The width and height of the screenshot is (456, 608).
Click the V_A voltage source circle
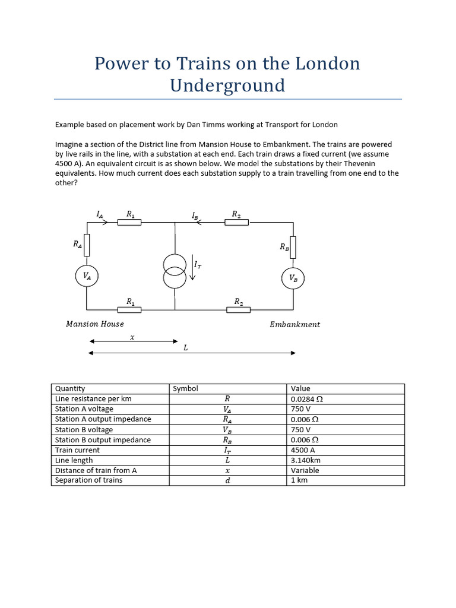(87, 275)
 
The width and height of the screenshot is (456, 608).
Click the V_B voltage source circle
(293, 277)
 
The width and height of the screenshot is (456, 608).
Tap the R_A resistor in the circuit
(87, 244)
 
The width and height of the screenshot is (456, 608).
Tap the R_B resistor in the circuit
(293, 247)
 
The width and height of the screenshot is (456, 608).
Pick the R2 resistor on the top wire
(236, 222)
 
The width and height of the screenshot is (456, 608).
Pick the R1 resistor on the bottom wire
(129, 309)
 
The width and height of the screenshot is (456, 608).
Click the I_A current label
(100, 214)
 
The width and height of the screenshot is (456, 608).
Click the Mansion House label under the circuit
(95, 324)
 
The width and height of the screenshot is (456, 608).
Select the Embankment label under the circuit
(294, 325)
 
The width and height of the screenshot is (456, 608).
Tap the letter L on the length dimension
(186, 348)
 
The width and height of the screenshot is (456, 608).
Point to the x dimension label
(132, 337)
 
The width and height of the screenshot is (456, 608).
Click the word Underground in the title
(227, 85)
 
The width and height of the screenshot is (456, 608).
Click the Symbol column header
(185, 389)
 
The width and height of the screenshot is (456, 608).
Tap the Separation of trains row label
(88, 480)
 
